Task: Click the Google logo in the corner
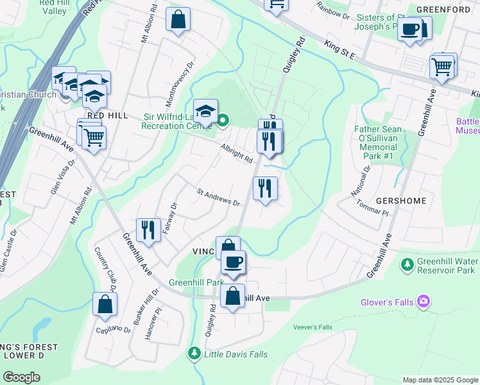(21, 377)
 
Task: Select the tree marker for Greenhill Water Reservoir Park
(406, 264)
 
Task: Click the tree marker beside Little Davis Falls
(194, 354)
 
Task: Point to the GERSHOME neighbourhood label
(401, 201)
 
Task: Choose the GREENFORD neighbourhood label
(440, 10)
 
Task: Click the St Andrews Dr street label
(218, 197)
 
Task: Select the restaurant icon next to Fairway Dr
(148, 229)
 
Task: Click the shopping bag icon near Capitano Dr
(105, 304)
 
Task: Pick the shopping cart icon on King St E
(442, 66)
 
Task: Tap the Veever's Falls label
(313, 327)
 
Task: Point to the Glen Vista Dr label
(63, 176)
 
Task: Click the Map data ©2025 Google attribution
(440, 380)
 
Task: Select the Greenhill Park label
(196, 282)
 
